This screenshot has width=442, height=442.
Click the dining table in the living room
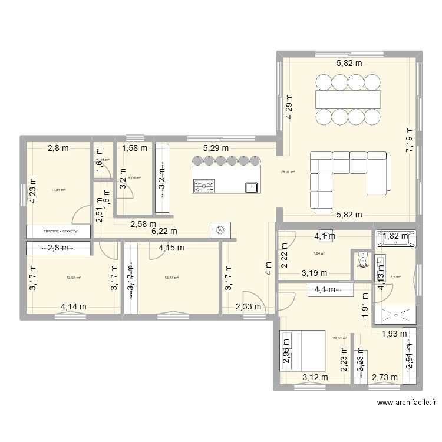tap(349, 96)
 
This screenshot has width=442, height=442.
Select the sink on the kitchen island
tap(251, 187)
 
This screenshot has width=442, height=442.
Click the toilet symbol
tap(361, 260)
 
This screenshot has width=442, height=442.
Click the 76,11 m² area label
tap(288, 172)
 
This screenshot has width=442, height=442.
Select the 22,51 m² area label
tap(339, 338)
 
